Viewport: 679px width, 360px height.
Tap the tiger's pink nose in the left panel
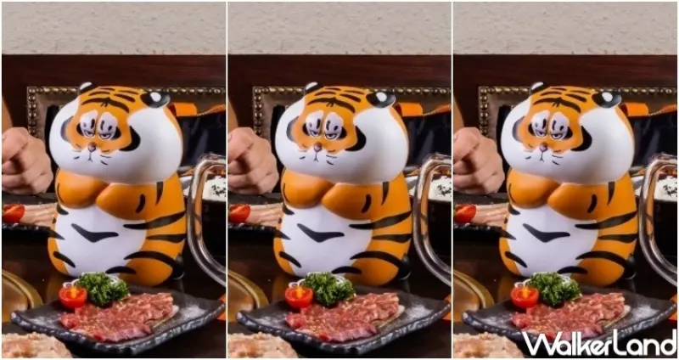click(92, 148)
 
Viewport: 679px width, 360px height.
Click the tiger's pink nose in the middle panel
click(317, 148)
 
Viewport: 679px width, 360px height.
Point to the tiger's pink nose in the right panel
click(544, 148)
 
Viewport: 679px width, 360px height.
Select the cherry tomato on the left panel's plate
click(73, 295)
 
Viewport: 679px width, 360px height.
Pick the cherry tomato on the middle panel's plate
click(299, 295)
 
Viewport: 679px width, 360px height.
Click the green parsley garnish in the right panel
click(554, 289)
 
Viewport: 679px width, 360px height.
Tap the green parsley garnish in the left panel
click(103, 289)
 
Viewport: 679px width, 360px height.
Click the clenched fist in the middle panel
click(253, 160)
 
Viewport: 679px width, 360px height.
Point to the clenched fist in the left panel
click(27, 160)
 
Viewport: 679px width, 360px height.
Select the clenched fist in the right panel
click(479, 160)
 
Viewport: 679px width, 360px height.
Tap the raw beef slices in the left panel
click(118, 317)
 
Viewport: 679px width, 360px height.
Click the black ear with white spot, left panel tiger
click(156, 98)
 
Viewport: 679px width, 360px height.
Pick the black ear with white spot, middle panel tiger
click(381, 98)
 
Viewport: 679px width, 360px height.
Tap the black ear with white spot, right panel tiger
click(607, 98)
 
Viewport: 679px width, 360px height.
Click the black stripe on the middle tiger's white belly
click(322, 233)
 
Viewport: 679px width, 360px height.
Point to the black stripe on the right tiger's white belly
click(547, 233)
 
